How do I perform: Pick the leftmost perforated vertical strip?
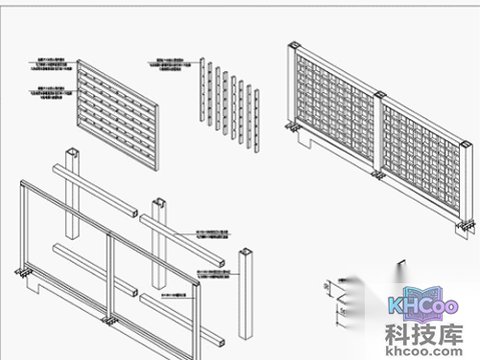click(x=203, y=91)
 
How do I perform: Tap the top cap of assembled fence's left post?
click(x=293, y=45)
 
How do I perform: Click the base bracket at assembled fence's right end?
click(x=466, y=227)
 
